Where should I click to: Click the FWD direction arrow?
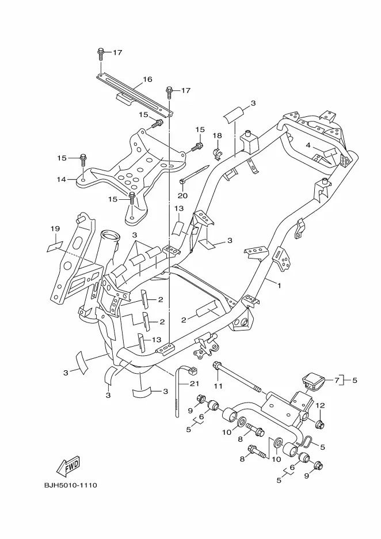pyautogui.click(x=68, y=466)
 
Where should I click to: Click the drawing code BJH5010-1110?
pyautogui.click(x=70, y=485)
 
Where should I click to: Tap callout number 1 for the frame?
pyautogui.click(x=279, y=286)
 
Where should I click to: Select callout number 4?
pyautogui.click(x=308, y=146)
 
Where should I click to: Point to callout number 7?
pyautogui.click(x=337, y=380)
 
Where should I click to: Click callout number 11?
pyautogui.click(x=218, y=386)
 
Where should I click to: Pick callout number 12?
pyautogui.click(x=320, y=405)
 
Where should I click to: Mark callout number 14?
pyautogui.click(x=61, y=179)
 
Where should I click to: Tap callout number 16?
pyautogui.click(x=147, y=79)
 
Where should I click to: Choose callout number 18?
pyautogui.click(x=217, y=135)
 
